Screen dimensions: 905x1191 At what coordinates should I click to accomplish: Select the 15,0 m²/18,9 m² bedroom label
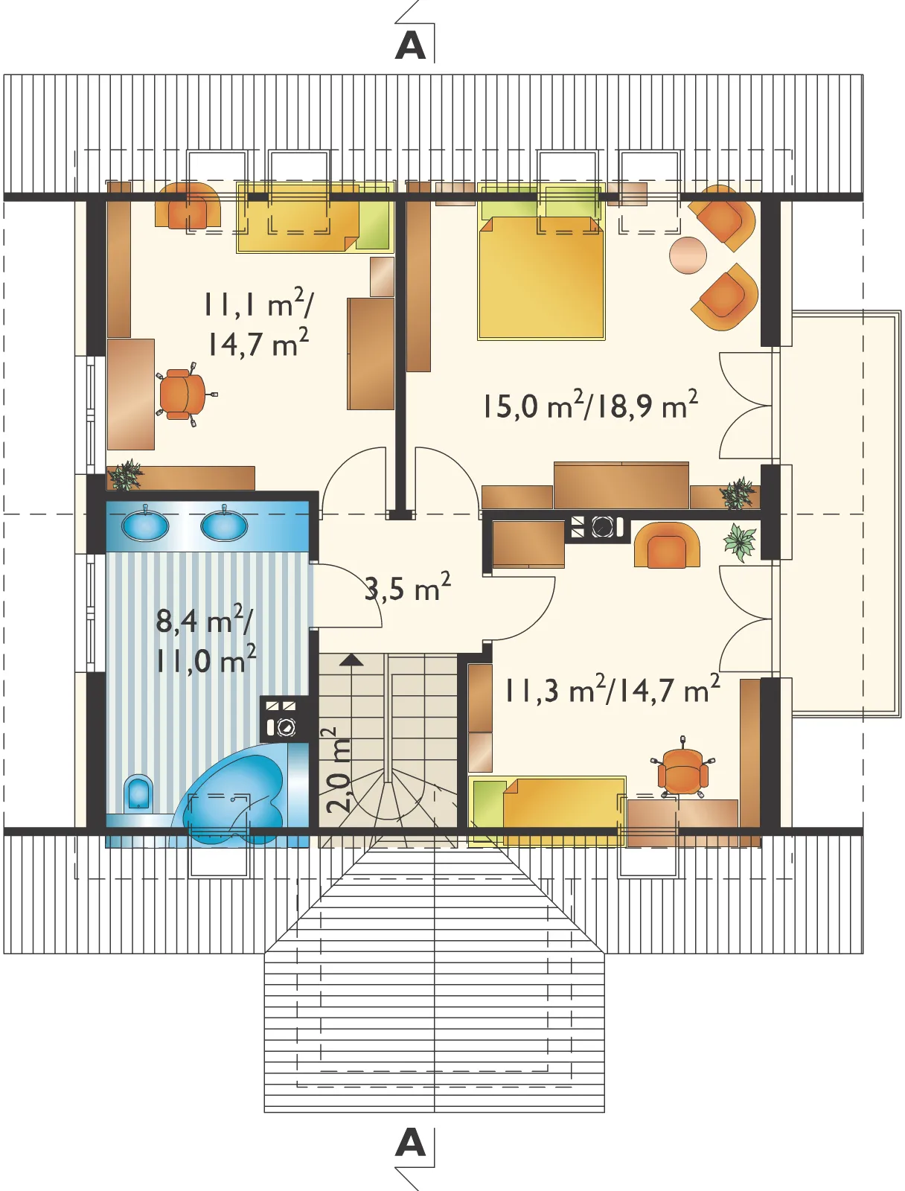590,405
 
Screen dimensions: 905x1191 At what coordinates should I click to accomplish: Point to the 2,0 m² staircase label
339,770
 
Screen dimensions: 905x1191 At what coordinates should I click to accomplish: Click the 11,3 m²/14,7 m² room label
613,689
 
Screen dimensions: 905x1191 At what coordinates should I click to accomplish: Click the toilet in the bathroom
138,793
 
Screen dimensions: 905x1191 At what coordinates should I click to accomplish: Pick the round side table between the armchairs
688,255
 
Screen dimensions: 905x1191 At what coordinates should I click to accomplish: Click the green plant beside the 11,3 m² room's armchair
740,542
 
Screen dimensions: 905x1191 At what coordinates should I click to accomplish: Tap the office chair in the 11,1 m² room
182,394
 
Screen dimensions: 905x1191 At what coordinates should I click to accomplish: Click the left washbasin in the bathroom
145,526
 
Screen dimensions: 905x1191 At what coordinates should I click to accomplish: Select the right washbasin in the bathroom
224,526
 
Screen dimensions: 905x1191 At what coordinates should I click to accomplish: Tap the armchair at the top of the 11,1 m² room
188,205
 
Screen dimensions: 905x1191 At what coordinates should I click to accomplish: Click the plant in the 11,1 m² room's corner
126,476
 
